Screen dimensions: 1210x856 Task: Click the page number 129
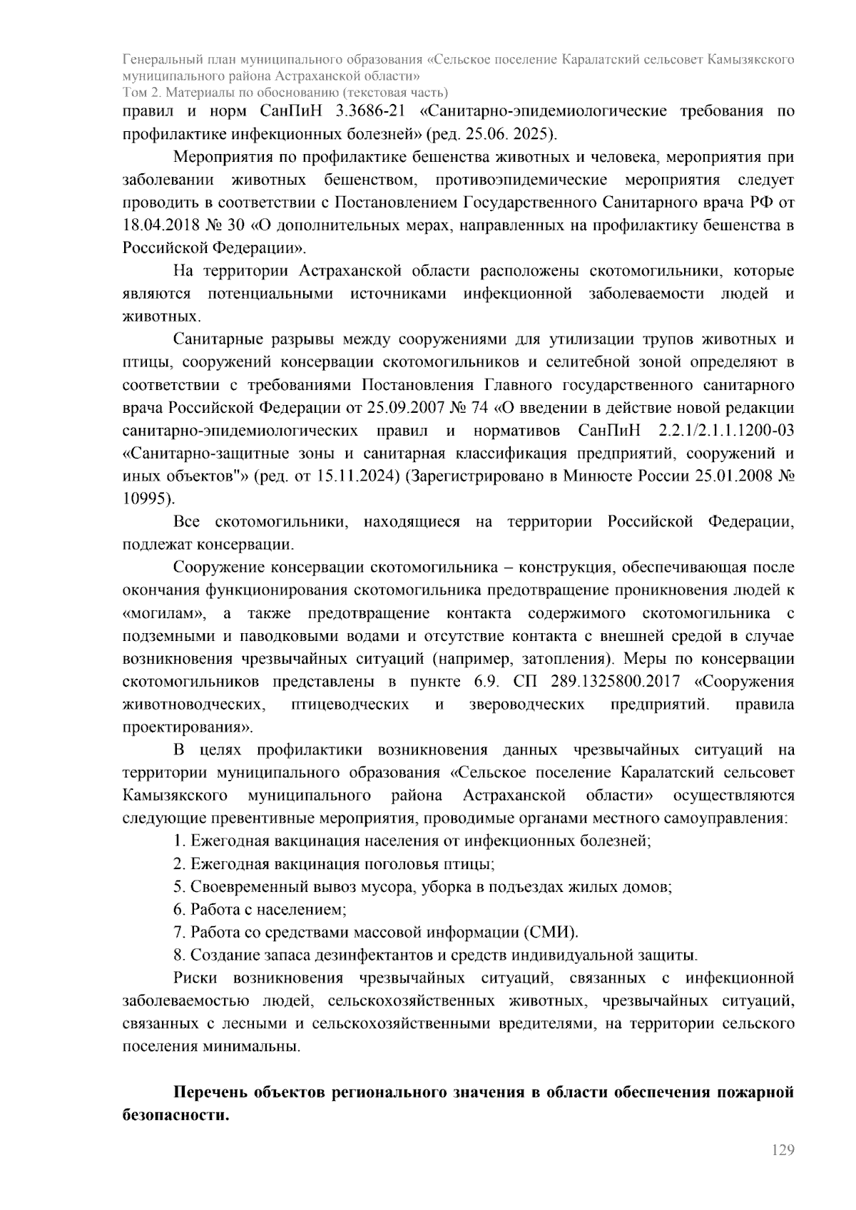click(783, 1150)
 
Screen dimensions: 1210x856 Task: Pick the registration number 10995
click(146, 499)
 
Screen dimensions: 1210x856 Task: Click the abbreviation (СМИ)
click(549, 933)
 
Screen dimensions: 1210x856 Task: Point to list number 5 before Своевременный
click(178, 887)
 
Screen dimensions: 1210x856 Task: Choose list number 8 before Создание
click(178, 955)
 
